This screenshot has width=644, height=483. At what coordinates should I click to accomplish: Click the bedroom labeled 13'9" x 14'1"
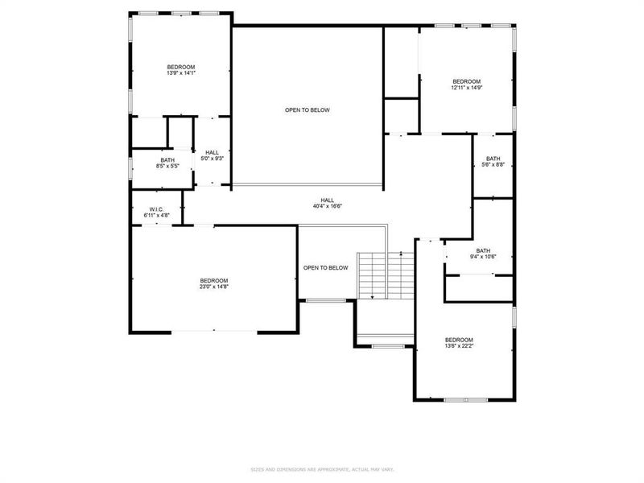click(x=180, y=69)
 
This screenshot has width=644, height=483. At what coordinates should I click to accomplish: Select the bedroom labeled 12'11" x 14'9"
click(x=466, y=85)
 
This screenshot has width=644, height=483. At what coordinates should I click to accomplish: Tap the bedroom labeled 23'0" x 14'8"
click(x=214, y=283)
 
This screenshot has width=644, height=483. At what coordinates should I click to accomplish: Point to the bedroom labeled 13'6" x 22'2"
click(x=459, y=344)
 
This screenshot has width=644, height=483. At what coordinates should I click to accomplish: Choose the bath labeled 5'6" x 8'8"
click(x=493, y=162)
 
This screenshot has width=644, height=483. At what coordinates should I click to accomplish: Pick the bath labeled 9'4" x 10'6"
click(x=483, y=254)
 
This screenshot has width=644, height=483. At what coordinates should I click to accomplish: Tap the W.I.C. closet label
click(x=156, y=209)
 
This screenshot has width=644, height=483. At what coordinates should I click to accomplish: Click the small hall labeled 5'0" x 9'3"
click(x=212, y=155)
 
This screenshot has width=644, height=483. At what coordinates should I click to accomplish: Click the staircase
click(x=385, y=275)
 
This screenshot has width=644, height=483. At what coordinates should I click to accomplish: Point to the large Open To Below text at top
click(x=307, y=110)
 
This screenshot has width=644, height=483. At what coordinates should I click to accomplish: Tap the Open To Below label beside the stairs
click(x=325, y=268)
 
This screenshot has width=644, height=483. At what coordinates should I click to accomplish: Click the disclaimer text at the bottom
click(x=321, y=469)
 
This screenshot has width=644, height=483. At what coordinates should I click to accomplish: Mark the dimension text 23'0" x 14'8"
click(x=214, y=287)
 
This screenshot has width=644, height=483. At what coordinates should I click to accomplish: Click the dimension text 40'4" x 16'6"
click(x=328, y=206)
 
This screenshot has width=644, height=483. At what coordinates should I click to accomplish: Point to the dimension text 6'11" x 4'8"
click(x=156, y=216)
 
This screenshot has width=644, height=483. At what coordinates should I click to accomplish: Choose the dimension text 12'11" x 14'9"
click(x=466, y=88)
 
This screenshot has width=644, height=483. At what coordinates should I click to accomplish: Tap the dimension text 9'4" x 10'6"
click(x=483, y=258)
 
